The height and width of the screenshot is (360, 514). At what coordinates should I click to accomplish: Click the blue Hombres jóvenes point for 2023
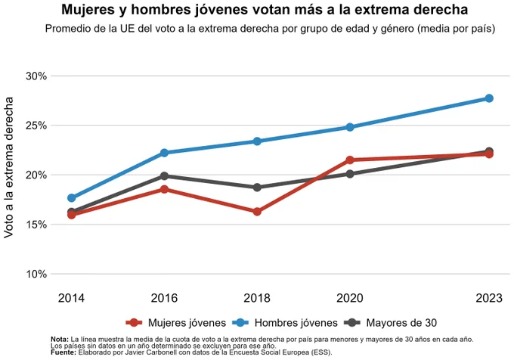coord(489,98)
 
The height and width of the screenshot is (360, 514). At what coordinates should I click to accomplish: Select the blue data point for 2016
coord(164,153)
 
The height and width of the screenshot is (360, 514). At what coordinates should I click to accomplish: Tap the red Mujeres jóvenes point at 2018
coord(257,212)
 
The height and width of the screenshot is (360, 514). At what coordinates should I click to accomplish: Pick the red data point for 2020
coord(350,160)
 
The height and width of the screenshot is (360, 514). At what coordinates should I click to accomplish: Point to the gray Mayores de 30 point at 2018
coord(257,188)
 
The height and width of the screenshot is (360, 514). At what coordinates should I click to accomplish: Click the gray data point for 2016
coord(164,176)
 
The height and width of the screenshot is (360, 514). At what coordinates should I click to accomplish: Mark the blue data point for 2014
coord(72,198)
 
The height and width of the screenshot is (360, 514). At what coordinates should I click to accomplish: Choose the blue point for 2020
coord(350,127)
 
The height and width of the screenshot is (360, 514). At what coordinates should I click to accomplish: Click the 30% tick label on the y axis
coord(36,76)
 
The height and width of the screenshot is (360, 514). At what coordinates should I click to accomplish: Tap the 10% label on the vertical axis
coord(36,274)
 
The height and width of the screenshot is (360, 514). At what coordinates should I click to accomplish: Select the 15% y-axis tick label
coord(36,225)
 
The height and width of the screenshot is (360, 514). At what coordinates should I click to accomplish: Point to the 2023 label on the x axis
coord(489,298)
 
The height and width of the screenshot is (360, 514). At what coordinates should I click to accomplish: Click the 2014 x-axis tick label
coord(72,298)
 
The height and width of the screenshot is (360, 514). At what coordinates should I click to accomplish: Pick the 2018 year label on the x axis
coord(257,298)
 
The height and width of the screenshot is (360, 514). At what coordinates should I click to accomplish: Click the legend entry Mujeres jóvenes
coord(176,323)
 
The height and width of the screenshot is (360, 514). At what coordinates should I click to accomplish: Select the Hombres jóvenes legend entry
coord(285,323)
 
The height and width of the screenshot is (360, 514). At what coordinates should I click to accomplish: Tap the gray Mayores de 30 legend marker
coord(352,323)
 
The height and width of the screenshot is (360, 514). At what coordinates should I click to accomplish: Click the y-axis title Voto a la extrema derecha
coord(8,168)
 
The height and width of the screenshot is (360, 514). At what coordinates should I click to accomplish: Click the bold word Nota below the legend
coord(60,340)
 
